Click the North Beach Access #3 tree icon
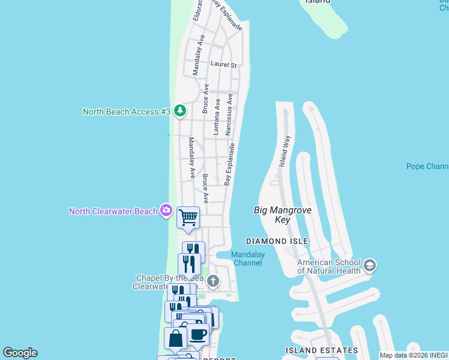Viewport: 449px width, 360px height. [x=179, y=111]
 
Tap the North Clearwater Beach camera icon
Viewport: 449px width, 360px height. [x=166, y=211]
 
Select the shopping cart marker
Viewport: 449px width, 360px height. [x=188, y=217]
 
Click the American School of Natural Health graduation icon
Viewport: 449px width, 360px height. [x=369, y=265]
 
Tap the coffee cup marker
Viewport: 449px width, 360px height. [x=198, y=335]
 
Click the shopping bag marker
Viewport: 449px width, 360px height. [x=175, y=338]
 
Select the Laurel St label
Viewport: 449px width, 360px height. [x=223, y=65]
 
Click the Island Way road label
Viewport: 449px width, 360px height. [x=284, y=151]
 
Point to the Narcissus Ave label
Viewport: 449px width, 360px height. [x=229, y=115]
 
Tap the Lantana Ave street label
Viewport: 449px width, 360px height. [x=216, y=116]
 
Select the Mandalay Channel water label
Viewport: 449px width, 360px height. [x=248, y=259]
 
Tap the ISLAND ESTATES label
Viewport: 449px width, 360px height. [x=322, y=350]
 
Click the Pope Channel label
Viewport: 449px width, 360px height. [x=427, y=166]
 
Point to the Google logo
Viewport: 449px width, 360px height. [x=20, y=353]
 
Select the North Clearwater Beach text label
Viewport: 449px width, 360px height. [x=113, y=211]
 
